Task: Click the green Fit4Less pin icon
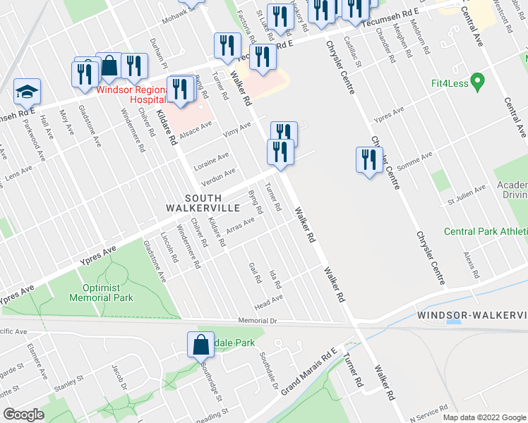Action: (x=476, y=82)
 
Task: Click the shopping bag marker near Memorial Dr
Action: (x=200, y=345)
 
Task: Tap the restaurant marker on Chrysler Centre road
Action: (x=369, y=160)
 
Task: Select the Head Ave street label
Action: (x=268, y=300)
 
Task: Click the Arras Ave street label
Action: (x=240, y=226)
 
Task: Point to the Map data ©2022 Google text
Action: (x=484, y=417)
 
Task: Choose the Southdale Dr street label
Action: (x=268, y=369)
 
